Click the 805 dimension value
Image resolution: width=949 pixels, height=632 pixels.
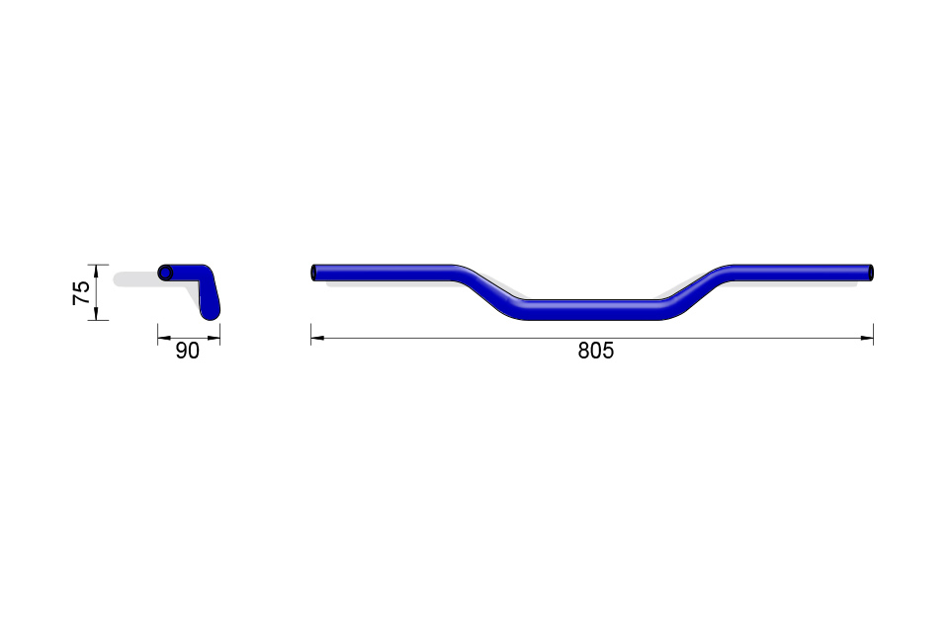tap(595, 351)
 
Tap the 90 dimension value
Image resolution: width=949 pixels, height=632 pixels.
tap(187, 351)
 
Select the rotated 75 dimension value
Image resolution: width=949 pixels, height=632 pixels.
tap(81, 292)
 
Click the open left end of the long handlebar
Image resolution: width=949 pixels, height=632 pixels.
tap(314, 273)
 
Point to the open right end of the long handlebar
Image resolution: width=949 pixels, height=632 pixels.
tap(870, 273)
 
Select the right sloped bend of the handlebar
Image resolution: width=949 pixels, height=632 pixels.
tap(696, 291)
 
